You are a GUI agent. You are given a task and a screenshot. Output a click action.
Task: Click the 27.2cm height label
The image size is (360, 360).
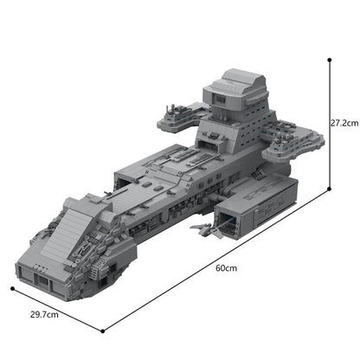344,124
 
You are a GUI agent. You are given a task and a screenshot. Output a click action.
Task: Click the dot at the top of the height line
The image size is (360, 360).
330,59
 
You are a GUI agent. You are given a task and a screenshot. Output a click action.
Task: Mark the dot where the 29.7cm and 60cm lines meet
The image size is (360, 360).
104,330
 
